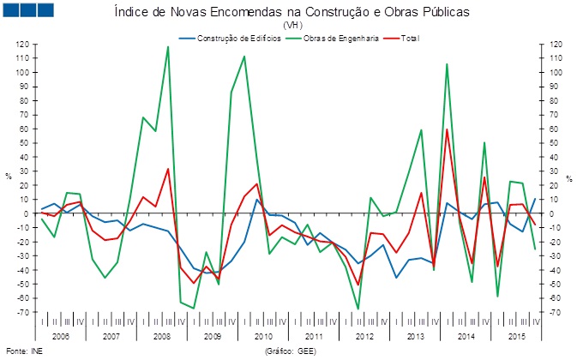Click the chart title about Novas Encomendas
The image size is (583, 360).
click(291, 13)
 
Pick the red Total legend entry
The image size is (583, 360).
click(411, 39)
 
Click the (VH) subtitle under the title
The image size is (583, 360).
click(291, 26)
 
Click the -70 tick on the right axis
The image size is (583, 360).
click(556, 311)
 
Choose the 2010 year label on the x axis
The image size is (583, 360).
click(263, 337)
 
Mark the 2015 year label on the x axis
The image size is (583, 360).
click(516, 337)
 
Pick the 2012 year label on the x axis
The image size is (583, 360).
click(364, 337)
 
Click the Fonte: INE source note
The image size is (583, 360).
click(23, 351)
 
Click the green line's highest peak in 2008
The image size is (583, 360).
click(167, 46)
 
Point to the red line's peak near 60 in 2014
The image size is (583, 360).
click(447, 129)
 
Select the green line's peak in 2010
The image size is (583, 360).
click(244, 57)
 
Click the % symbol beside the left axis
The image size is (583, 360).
click(9, 176)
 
